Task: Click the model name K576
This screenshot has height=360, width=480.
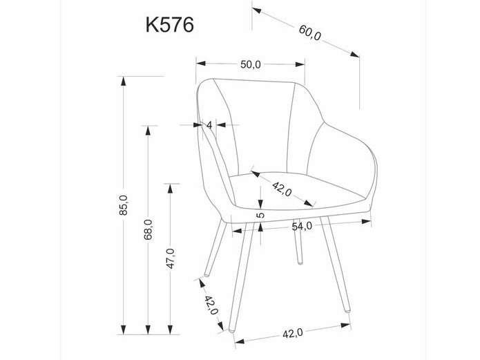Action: pos(169,24)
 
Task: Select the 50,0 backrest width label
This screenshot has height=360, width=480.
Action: pos(250,64)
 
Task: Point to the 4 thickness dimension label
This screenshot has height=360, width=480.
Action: pos(209,125)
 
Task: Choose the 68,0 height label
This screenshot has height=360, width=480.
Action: pos(147,229)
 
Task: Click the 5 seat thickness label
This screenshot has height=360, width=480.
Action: pos(260,216)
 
